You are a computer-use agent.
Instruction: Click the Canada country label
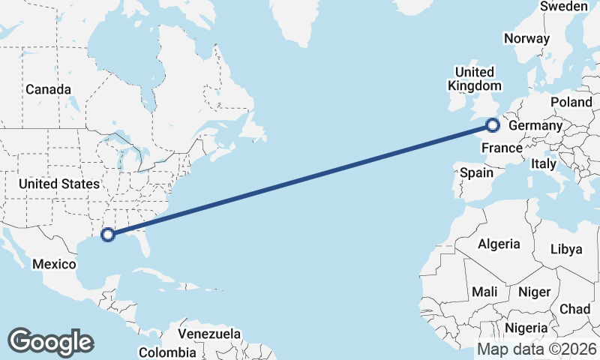(x=48, y=89)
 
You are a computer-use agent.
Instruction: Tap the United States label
(x=59, y=184)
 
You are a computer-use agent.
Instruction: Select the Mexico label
(x=54, y=264)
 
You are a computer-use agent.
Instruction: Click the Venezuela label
(x=209, y=333)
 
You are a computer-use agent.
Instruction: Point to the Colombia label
(x=168, y=352)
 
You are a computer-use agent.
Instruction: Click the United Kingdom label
(x=474, y=79)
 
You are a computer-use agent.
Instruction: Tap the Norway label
(x=527, y=39)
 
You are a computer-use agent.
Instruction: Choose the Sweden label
(x=564, y=6)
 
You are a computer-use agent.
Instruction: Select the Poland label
(x=571, y=102)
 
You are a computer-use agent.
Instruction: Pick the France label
(x=502, y=148)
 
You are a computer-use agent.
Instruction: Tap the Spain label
(x=477, y=172)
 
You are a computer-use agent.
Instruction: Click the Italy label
(x=544, y=163)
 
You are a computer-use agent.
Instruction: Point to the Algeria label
(x=499, y=244)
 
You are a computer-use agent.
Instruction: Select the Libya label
(x=566, y=249)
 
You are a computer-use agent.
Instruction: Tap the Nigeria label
(x=526, y=327)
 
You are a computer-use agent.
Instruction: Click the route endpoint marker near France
(x=493, y=125)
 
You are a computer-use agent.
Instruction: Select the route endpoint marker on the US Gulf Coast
(x=108, y=234)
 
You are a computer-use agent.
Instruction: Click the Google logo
(x=50, y=342)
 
